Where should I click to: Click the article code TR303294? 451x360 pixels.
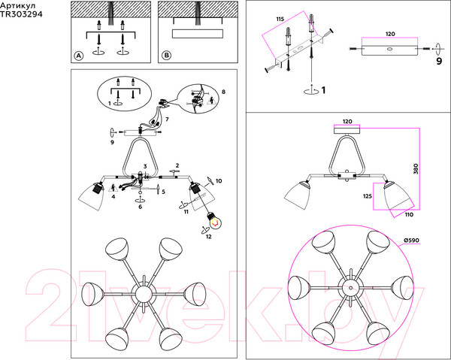(x=21, y=14)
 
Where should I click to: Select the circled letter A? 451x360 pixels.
(x=78, y=56)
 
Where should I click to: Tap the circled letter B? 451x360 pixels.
(x=166, y=55)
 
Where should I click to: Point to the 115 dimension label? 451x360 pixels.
(x=280, y=19)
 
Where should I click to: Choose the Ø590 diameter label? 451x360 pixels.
(x=411, y=241)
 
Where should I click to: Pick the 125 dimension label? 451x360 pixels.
(x=368, y=196)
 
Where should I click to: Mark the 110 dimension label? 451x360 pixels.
(x=409, y=214)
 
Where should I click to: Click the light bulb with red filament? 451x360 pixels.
(x=214, y=221)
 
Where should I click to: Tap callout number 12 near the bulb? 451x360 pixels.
(x=208, y=236)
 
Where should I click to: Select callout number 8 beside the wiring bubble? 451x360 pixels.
(x=223, y=92)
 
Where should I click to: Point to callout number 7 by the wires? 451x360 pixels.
(x=167, y=119)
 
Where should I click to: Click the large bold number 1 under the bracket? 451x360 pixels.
(x=323, y=90)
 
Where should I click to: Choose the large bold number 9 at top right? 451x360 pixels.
(x=439, y=61)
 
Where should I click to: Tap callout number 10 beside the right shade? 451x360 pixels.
(x=219, y=181)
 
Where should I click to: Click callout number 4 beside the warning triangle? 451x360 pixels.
(x=114, y=197)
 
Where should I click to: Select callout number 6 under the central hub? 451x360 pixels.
(x=140, y=207)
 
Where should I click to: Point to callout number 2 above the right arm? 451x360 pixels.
(x=177, y=165)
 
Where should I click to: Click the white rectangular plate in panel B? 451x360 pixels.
(x=198, y=34)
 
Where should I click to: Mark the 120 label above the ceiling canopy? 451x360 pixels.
(x=347, y=122)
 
